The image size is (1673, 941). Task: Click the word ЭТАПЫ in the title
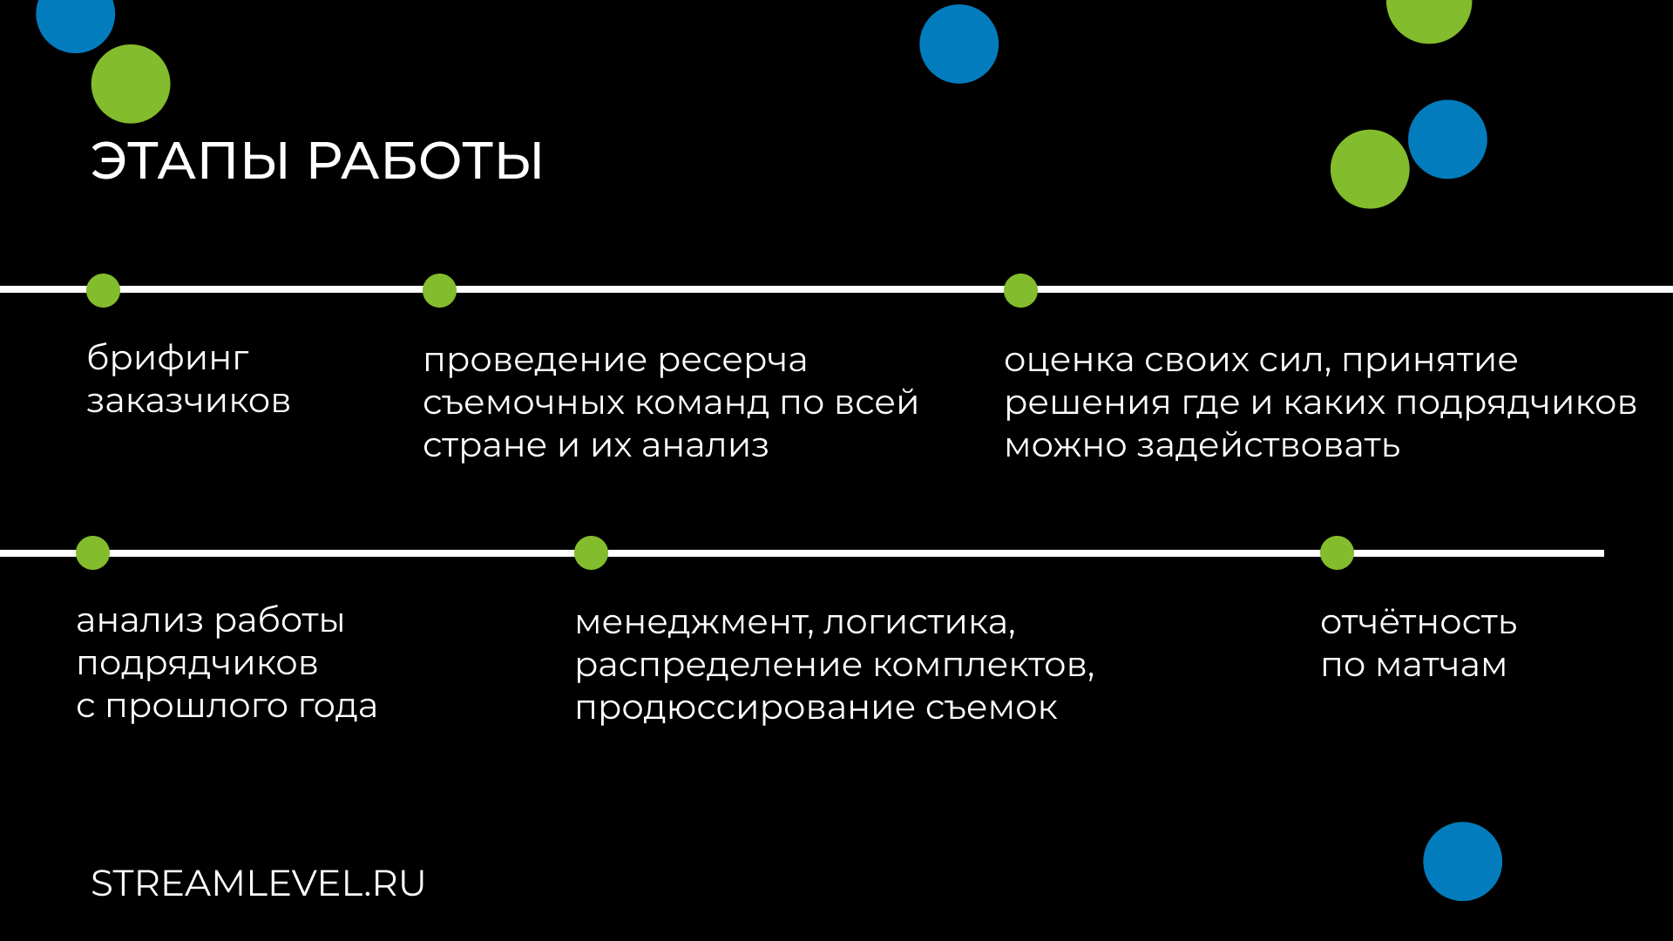point(189,161)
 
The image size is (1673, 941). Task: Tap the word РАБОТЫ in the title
point(425,161)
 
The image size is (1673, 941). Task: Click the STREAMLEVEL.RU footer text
point(258,883)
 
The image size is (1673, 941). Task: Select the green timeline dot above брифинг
point(103,290)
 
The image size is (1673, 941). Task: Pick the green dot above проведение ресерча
point(439,290)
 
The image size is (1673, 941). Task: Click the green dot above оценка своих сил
point(1020,290)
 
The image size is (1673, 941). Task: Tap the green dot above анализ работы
point(92,552)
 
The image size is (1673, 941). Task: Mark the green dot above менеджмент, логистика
point(591,552)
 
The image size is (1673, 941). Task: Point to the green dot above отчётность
point(1337,552)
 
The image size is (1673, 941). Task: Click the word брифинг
point(168,358)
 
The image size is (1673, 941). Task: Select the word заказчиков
point(188,402)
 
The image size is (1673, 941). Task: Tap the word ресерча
point(733,361)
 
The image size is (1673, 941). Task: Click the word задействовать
point(1269,445)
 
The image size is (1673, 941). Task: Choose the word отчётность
point(1419,622)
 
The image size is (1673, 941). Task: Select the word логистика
point(919,623)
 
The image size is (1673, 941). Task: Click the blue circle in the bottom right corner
point(1462,861)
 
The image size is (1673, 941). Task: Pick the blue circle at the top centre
point(958,44)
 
